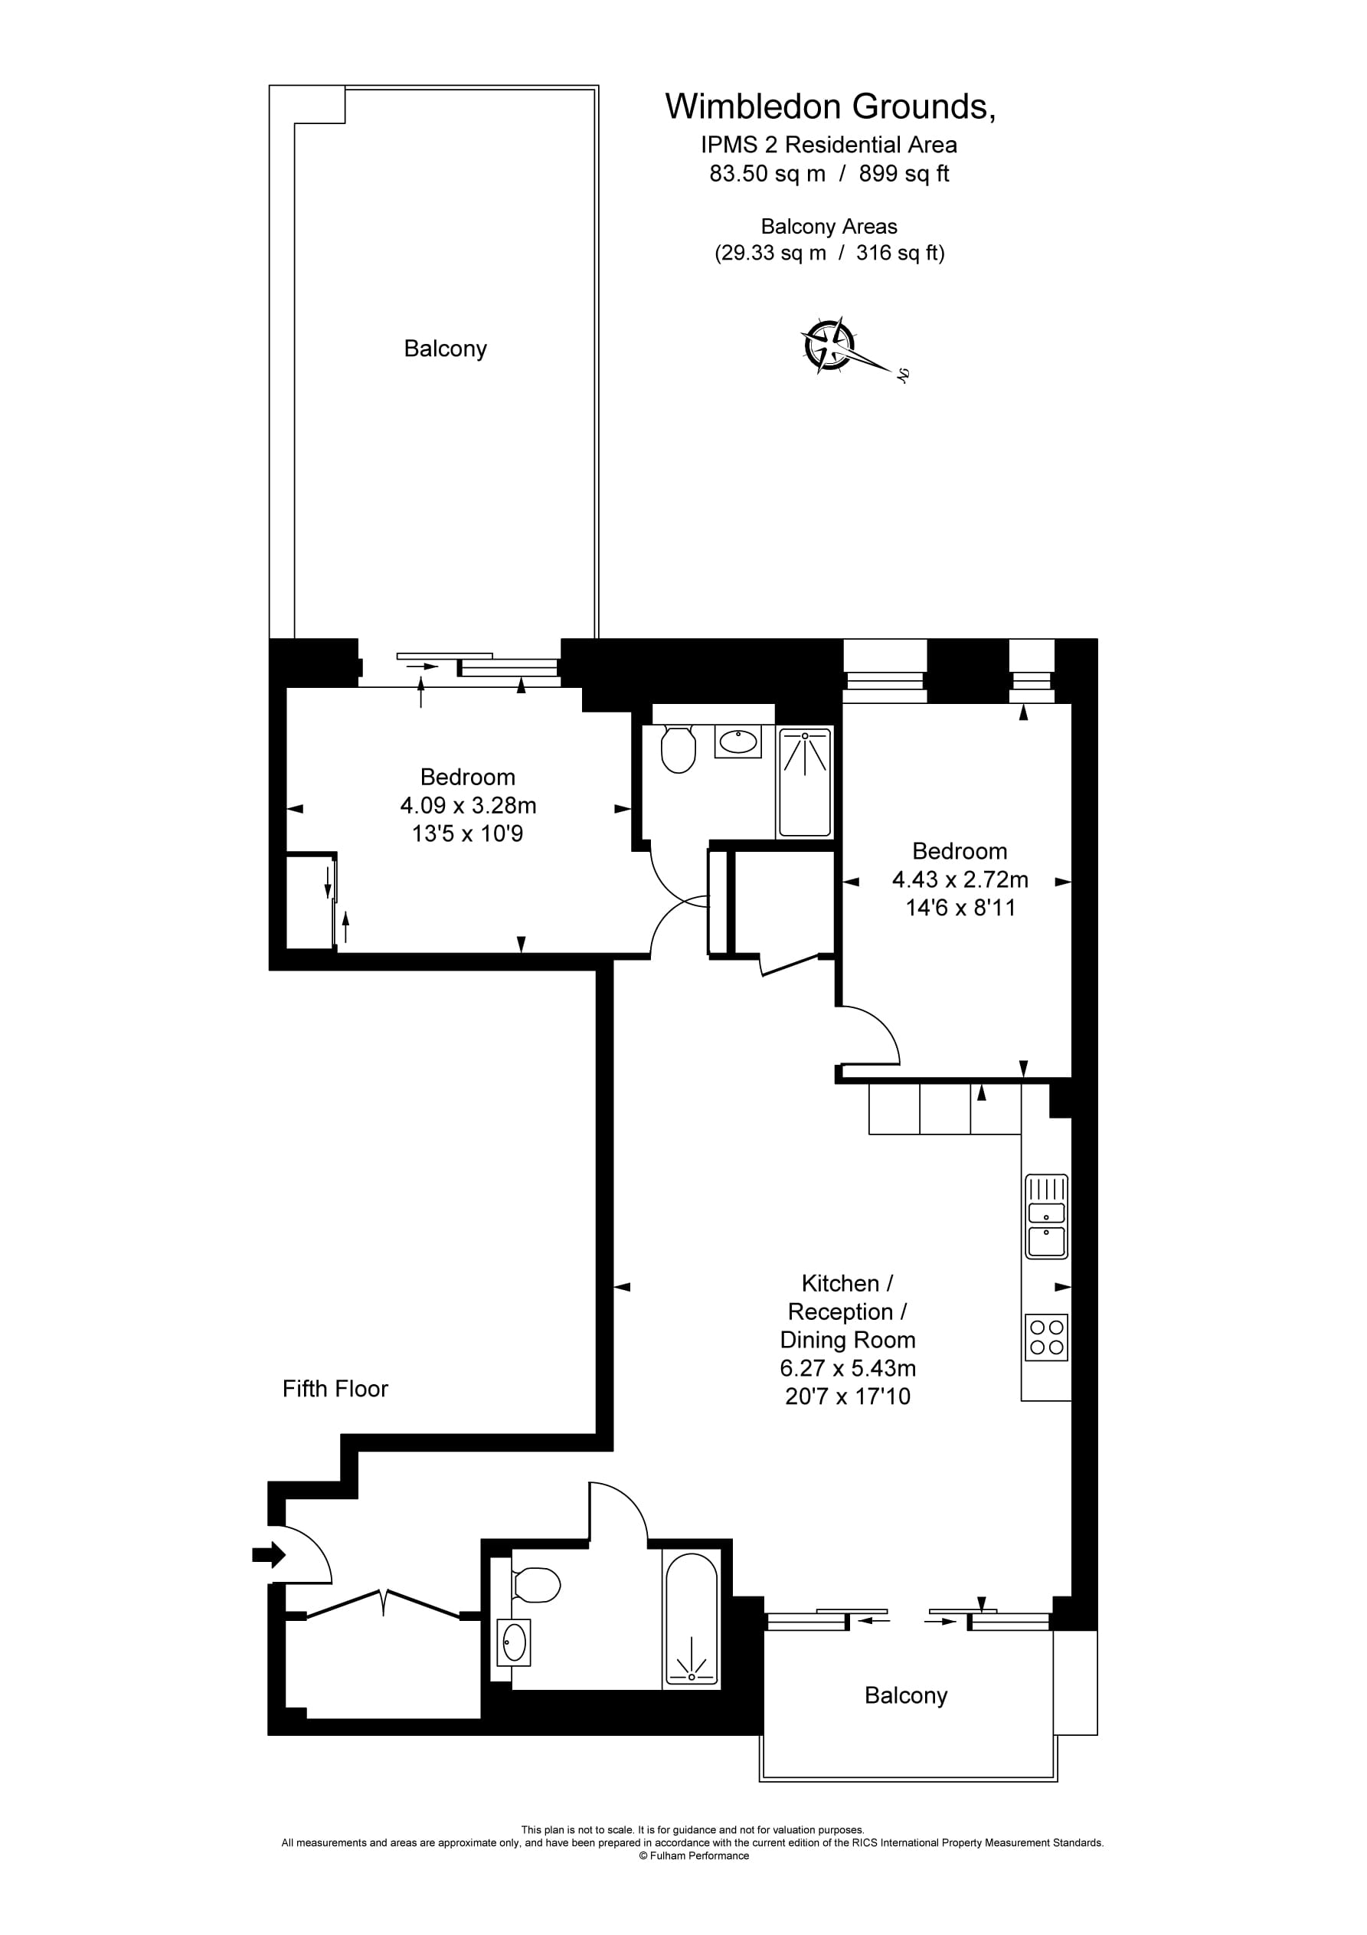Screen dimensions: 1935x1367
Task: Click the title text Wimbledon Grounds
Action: tap(829, 107)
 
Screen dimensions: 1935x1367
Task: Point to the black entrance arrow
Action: tap(269, 1554)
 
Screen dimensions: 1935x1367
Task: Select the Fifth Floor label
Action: tap(335, 1389)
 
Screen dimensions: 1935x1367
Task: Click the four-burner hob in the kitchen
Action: tap(1046, 1337)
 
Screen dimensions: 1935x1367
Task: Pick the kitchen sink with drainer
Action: tap(1046, 1217)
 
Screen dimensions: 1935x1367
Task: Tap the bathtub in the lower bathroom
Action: tap(691, 1621)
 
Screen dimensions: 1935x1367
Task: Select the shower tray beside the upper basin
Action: tap(805, 782)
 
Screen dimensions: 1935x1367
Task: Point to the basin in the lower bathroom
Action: tap(513, 1642)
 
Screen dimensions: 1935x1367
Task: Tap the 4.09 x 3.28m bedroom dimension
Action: tap(468, 806)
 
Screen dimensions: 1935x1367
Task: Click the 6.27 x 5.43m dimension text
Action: tap(847, 1368)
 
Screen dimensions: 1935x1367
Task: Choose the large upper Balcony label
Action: tap(445, 349)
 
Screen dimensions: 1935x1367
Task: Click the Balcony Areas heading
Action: tap(829, 227)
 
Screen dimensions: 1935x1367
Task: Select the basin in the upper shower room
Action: tap(738, 742)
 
